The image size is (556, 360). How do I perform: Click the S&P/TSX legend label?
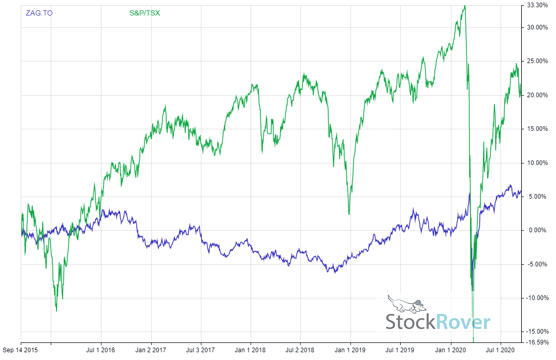click(x=144, y=13)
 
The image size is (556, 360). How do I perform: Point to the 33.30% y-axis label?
click(x=537, y=6)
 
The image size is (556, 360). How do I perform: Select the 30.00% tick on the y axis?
click(x=537, y=27)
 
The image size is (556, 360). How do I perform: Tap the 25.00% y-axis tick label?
click(x=537, y=61)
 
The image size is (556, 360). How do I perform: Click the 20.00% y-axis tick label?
click(x=537, y=95)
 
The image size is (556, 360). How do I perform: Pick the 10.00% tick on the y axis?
click(x=537, y=163)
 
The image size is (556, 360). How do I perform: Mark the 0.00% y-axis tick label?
click(x=538, y=231)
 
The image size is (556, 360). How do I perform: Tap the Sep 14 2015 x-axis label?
click(x=21, y=350)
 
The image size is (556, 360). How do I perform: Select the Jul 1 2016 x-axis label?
click(x=100, y=350)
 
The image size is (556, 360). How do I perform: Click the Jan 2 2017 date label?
click(x=151, y=350)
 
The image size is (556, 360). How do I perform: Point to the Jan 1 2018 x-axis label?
click(x=251, y=350)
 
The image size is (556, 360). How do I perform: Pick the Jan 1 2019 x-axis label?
click(x=350, y=350)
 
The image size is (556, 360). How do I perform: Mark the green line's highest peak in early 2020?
click(x=465, y=6)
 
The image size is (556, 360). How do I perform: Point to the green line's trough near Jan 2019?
click(x=349, y=214)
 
